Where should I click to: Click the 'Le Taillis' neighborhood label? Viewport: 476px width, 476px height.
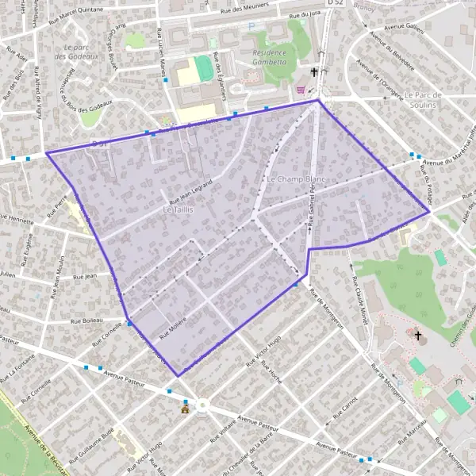pos(178,209)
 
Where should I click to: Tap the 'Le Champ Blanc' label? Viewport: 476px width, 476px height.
pos(296,179)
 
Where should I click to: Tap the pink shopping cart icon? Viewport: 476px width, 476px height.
pos(301,90)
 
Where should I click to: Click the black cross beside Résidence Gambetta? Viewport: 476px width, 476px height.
pos(315,72)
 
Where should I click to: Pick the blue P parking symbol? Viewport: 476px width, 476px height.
pos(251,26)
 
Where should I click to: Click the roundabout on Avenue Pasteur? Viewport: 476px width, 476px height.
pos(202,405)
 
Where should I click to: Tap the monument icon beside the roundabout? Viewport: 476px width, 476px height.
pos(186,407)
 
